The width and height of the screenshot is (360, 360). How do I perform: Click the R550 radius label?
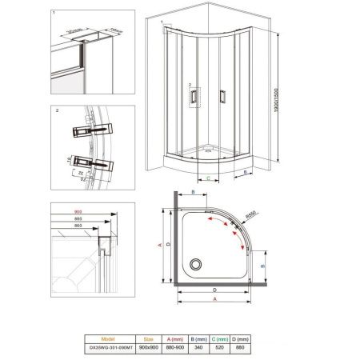[x=250, y=214]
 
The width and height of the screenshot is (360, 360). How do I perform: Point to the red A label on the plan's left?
[x=159, y=245]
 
